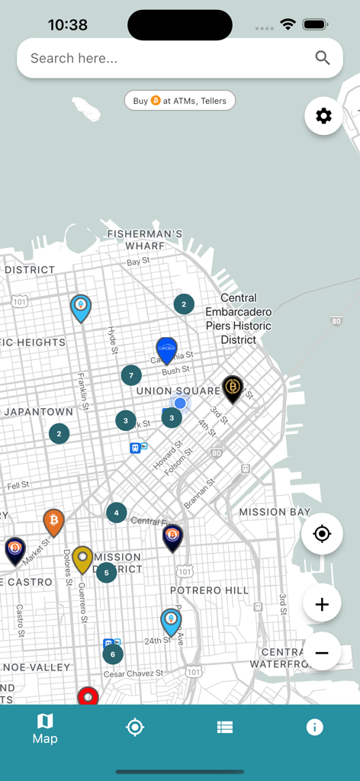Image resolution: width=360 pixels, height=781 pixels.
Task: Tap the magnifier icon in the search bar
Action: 323,58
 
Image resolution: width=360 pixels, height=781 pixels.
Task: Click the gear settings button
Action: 323,116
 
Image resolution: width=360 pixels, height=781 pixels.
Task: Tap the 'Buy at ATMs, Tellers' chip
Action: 180,101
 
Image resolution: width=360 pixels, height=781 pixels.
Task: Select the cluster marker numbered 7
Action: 131,375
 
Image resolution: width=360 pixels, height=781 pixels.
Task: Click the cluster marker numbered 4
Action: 116,513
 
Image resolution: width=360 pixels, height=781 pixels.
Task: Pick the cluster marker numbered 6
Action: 113,654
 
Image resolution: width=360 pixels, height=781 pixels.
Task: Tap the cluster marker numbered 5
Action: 106,572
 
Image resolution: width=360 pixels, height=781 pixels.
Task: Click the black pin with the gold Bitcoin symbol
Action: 233,387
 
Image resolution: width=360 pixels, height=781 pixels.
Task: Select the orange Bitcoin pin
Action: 53,521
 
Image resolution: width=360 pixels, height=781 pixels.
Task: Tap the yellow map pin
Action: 82,558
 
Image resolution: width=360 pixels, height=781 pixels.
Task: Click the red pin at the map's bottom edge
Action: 88,696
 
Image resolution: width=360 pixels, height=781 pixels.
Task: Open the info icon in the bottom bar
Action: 314,727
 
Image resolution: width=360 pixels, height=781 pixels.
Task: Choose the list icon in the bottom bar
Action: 224,727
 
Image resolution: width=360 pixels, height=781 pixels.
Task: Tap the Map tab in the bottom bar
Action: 45,728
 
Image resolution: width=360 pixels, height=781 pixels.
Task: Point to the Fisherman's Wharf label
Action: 145,239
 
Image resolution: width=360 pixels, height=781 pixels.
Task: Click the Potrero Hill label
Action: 209,590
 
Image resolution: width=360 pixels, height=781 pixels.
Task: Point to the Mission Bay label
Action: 275,512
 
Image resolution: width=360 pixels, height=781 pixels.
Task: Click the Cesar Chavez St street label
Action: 133,673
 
